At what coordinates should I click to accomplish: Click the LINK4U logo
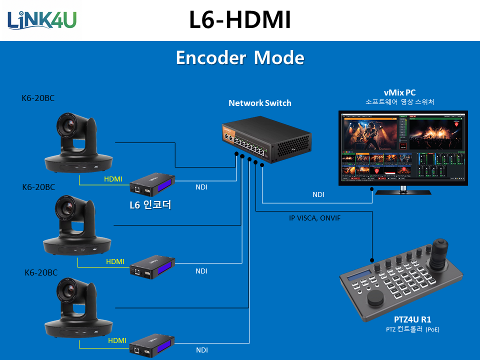tap(42, 19)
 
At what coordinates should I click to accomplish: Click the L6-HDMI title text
tap(239, 20)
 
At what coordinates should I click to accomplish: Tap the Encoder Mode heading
tap(240, 58)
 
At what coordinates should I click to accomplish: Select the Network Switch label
tap(259, 103)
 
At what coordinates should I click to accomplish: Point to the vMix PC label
tap(399, 92)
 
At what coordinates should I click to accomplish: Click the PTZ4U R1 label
tap(412, 319)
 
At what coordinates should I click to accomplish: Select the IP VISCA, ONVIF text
tap(315, 218)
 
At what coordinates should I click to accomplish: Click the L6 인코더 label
tap(150, 205)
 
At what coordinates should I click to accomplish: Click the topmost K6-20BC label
tap(38, 98)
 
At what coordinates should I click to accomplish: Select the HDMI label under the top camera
tap(113, 179)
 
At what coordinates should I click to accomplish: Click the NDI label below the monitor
tap(318, 194)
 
